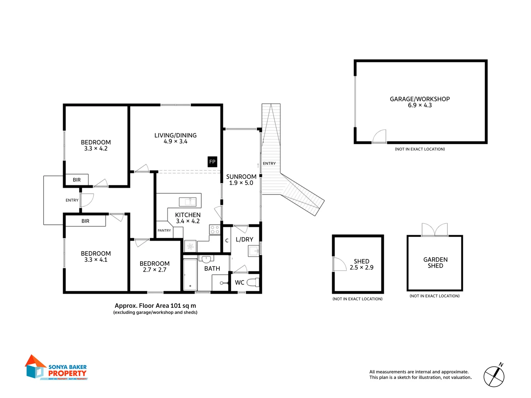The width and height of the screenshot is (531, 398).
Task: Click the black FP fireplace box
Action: coord(212,162)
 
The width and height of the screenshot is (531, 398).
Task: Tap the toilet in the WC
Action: coord(253,283)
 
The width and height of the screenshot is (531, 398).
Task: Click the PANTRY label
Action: coord(164,231)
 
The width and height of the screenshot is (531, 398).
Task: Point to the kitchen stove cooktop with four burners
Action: coord(215,230)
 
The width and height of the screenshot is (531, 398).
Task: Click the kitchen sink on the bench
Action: coord(188,202)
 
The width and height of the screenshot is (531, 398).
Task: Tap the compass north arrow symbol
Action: coord(494,376)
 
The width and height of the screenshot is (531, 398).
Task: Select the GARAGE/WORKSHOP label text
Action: coord(420,99)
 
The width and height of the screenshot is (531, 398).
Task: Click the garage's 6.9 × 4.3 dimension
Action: coord(420,105)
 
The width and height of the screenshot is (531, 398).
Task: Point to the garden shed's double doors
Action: coord(435,230)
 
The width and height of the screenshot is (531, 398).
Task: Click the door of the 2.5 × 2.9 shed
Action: coord(339,264)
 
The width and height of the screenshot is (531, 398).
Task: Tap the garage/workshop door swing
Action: coord(380,136)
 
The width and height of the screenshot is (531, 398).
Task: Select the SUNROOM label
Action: coord(241,177)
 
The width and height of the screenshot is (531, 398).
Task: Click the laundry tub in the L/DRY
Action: coord(254,251)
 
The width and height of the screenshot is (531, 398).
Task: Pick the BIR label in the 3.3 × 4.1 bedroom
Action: coord(85,221)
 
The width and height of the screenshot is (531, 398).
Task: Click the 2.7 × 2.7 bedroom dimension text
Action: coord(155,270)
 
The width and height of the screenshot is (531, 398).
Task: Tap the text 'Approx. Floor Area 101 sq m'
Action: coord(155,306)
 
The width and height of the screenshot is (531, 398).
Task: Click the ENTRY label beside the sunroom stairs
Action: coord(269,164)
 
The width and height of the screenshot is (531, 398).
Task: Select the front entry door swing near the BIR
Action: coord(87,200)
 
